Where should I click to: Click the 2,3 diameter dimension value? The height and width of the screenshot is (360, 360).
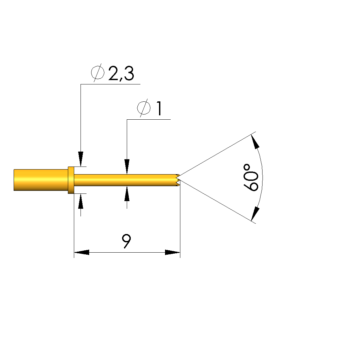click(121, 73)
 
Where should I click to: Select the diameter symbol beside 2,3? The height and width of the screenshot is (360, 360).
click(98, 72)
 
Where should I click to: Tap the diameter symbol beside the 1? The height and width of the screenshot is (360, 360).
click(144, 108)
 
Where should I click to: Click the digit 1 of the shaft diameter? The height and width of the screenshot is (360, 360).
click(159, 108)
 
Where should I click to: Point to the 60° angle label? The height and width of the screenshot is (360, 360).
click(251, 178)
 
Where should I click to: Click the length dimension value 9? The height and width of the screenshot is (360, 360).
click(126, 241)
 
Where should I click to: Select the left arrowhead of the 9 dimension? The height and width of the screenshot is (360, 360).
click(82, 252)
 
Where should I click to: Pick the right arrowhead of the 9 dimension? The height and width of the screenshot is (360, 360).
click(173, 252)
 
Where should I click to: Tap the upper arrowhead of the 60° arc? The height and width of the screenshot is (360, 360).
click(255, 142)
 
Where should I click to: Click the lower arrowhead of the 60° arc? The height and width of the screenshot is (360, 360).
click(255, 214)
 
